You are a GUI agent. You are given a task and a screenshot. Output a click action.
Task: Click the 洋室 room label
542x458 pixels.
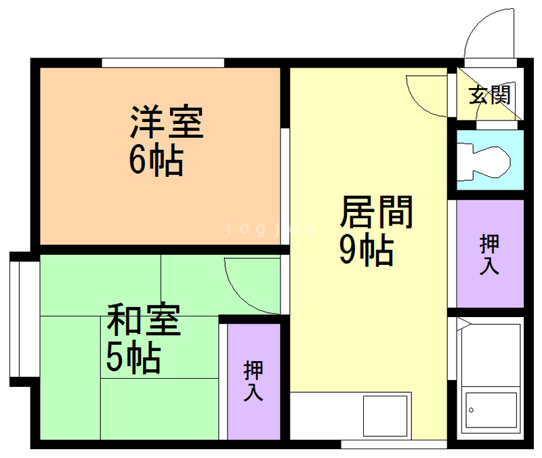click(167, 122)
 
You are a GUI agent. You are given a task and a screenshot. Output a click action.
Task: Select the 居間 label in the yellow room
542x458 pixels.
click(376, 213)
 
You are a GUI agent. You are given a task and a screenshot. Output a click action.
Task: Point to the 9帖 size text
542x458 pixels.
click(366, 251)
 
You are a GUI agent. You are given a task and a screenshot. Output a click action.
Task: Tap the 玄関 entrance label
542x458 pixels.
click(490, 96)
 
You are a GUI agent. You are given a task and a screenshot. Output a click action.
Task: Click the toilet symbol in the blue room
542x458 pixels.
click(484, 161)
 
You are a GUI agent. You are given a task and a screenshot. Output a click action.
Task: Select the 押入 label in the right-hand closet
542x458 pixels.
click(489, 254)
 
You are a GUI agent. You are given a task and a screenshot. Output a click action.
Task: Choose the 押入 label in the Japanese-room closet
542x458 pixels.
click(253, 381)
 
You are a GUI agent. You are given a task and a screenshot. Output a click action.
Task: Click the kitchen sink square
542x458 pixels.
click(385, 415)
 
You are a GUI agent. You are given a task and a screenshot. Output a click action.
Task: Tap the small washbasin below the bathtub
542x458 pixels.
click(490, 411)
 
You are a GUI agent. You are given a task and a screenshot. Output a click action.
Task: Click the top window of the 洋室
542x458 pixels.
click(163, 63)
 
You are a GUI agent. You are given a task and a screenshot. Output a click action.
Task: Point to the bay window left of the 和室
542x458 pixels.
click(16, 318)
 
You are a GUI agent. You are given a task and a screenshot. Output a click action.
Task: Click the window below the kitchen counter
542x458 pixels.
click(375, 444)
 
